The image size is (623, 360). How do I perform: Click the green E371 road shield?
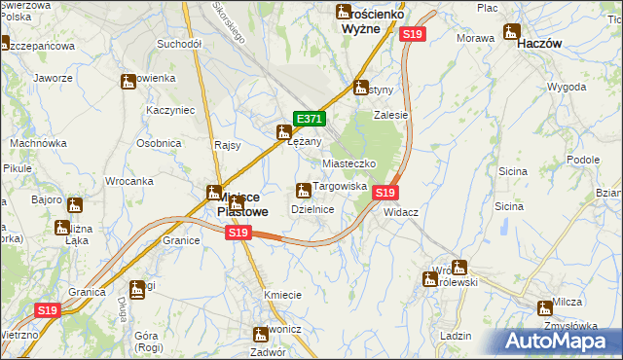click(309, 119)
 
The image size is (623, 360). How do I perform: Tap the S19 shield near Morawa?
click(413, 34)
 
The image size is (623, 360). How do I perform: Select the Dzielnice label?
click(313, 209)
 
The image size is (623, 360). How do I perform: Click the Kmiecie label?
click(281, 294)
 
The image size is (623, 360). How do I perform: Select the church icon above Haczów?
click(512, 31)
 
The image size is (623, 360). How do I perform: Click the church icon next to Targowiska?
click(302, 188)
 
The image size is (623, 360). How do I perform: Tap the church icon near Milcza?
click(545, 307)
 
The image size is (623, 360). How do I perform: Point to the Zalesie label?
click(390, 114)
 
